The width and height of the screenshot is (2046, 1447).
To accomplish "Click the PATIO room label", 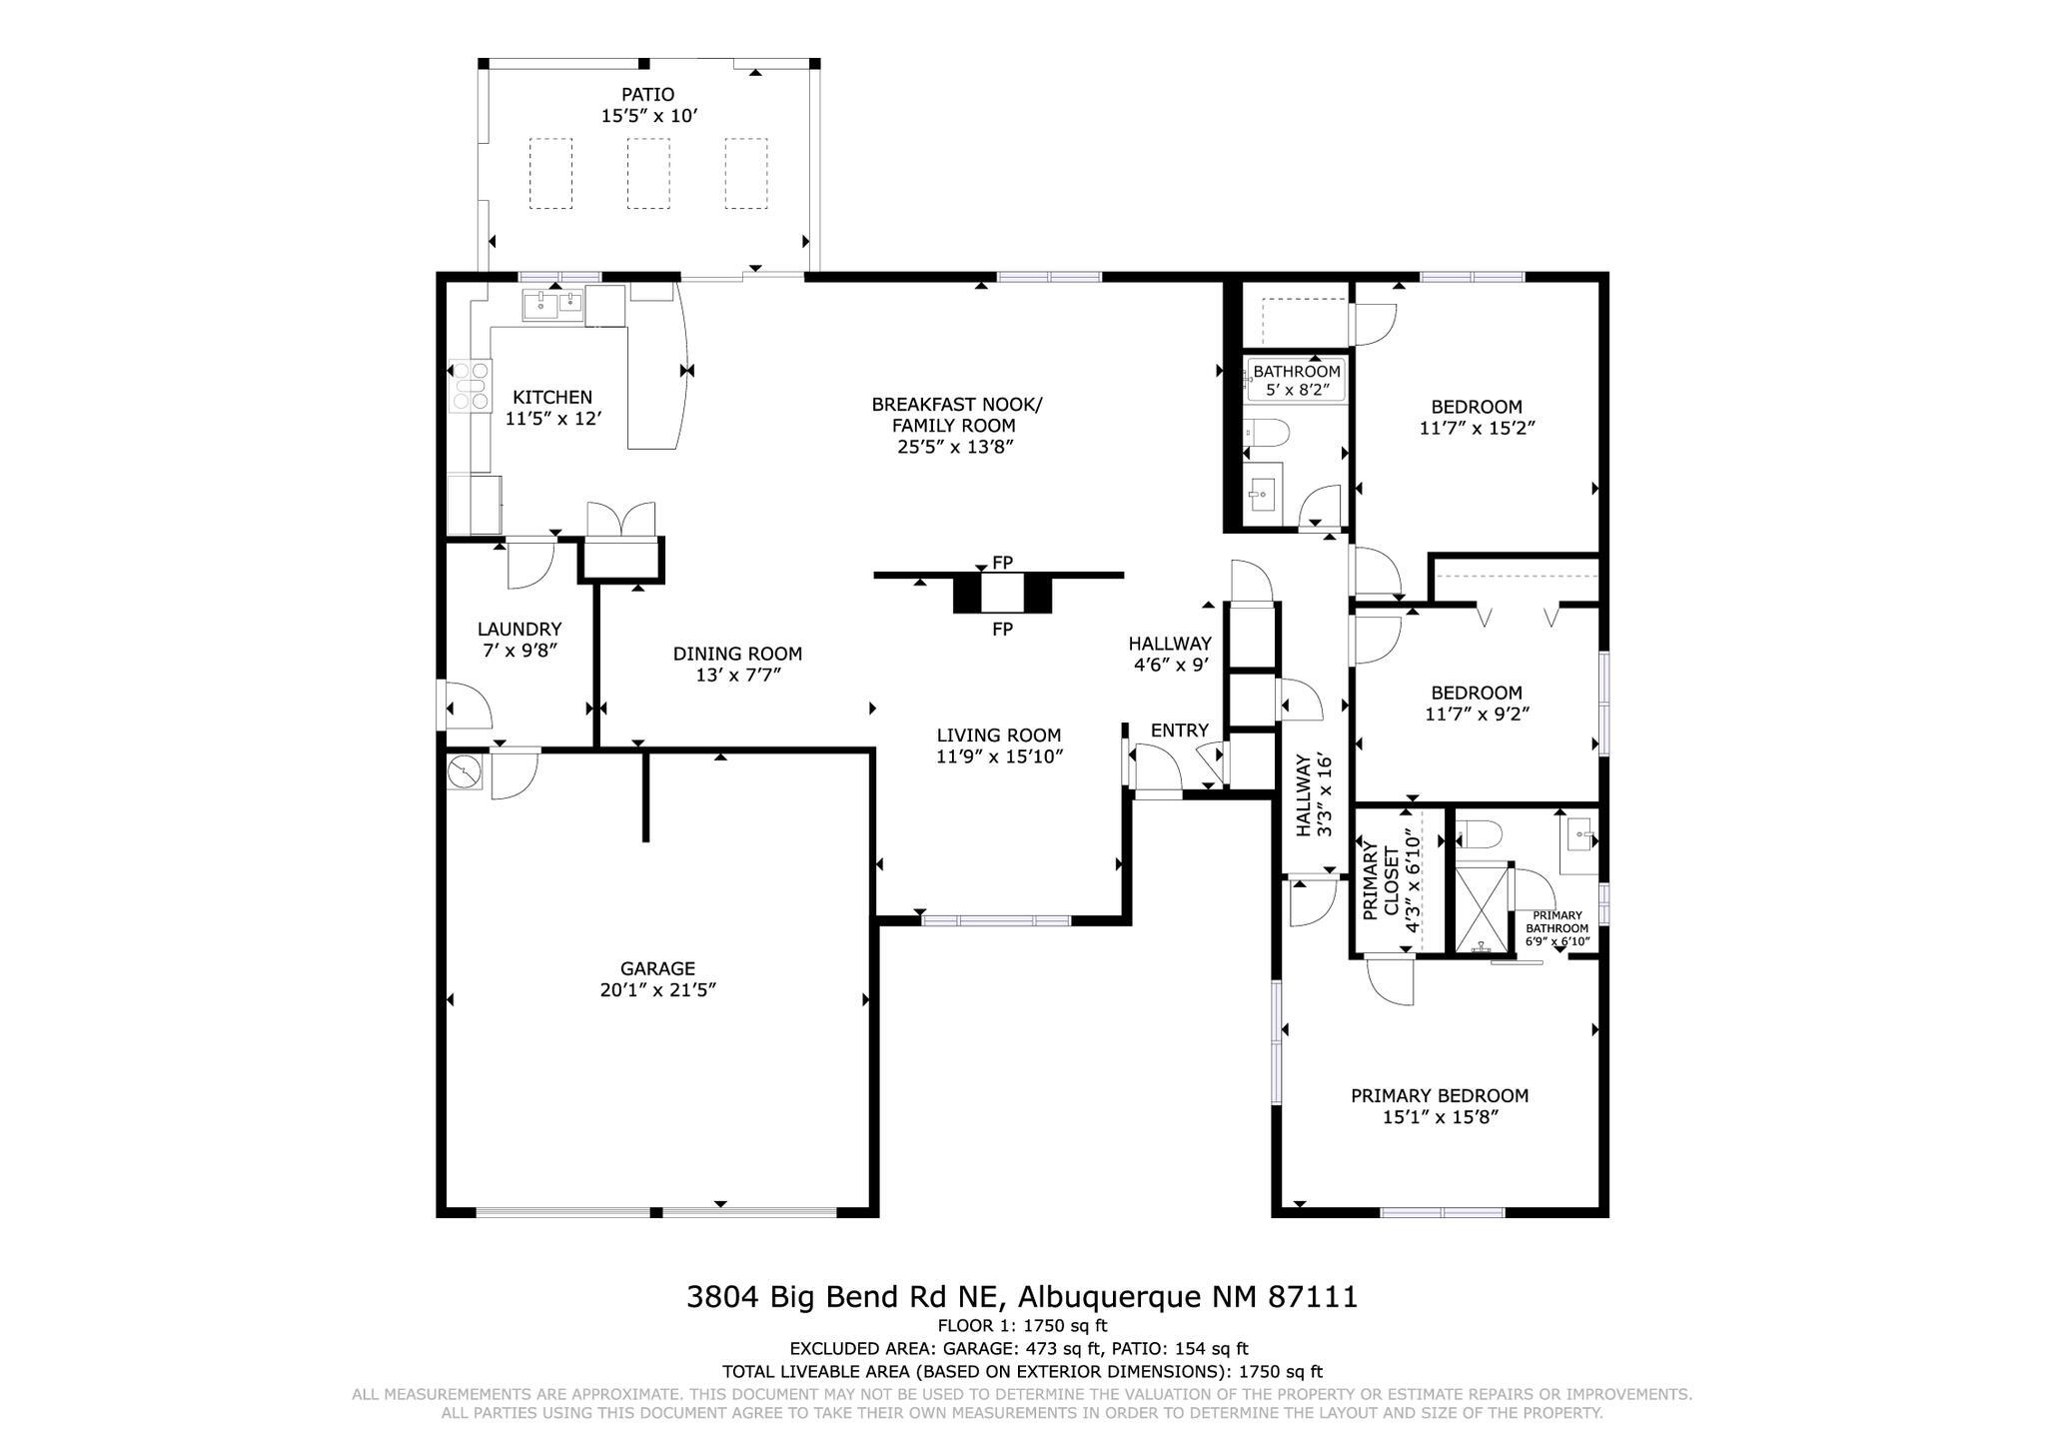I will [x=647, y=95].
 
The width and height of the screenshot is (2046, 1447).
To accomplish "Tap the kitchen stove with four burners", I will [x=470, y=386].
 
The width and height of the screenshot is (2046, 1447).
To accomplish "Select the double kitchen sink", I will [x=551, y=304].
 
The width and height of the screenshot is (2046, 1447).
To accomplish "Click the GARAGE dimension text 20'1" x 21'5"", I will [x=656, y=990].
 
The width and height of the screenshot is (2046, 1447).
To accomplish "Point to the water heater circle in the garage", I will [x=465, y=771].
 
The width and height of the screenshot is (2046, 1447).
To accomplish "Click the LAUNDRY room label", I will [x=518, y=629].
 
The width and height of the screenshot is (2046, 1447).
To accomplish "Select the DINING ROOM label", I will [x=737, y=654].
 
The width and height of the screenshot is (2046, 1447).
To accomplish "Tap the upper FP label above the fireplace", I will [x=1002, y=563].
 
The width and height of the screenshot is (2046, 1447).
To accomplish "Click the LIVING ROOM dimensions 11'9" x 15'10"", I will [x=998, y=756].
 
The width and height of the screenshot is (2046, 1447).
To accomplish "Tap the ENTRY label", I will [x=1179, y=730].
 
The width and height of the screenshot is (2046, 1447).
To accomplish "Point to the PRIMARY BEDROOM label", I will [x=1439, y=1095].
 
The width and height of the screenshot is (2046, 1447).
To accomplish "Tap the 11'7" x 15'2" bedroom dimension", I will [x=1477, y=428].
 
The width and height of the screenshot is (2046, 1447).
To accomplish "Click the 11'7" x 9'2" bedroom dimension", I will [x=1477, y=714].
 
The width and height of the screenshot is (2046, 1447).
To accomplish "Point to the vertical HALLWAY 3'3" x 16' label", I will [x=1314, y=795].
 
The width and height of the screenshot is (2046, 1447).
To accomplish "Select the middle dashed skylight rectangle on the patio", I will [x=648, y=173].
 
